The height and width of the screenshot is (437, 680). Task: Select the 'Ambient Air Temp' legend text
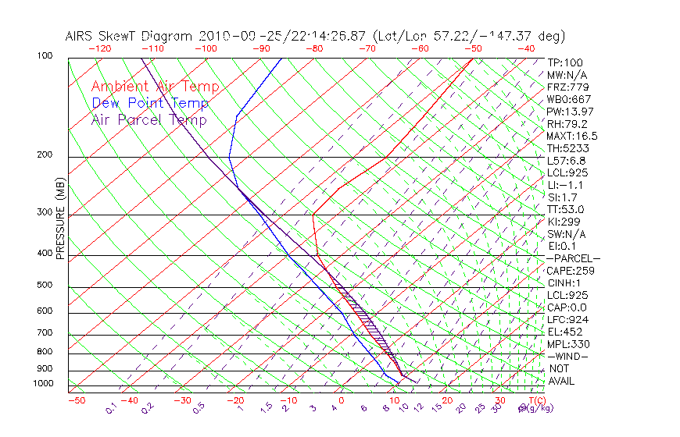(x=155, y=87)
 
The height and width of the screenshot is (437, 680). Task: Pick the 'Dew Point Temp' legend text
(x=150, y=103)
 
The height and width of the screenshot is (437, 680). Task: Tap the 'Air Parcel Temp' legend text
(x=149, y=119)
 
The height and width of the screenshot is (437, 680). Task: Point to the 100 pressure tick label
(x=45, y=56)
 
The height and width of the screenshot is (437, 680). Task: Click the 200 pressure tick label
(x=45, y=155)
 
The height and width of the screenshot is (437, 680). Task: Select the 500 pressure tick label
(x=45, y=286)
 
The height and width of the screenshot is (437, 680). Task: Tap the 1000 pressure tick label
(x=43, y=384)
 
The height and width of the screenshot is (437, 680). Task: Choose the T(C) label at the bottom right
(x=535, y=401)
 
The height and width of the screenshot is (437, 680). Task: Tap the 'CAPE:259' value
(x=570, y=271)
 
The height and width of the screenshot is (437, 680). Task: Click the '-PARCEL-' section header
(x=573, y=258)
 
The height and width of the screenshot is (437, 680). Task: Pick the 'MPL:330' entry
(x=567, y=344)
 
